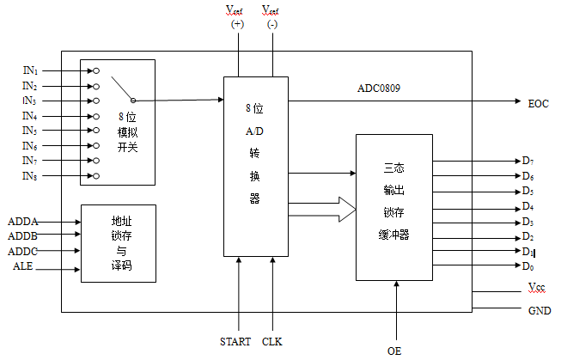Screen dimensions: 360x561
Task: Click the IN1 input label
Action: tap(29, 70)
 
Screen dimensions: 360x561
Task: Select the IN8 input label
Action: tap(29, 176)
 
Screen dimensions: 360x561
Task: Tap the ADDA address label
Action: tap(22, 221)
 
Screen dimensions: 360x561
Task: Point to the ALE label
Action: tap(22, 267)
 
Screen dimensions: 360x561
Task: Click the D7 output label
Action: tap(527, 160)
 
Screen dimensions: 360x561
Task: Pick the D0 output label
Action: tap(527, 267)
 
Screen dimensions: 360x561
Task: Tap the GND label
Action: tap(539, 310)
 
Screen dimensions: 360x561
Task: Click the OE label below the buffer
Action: tap(394, 350)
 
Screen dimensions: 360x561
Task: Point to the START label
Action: tap(235, 341)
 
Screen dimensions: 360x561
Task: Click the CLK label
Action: tap(272, 341)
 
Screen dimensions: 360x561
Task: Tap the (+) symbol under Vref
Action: tap(238, 25)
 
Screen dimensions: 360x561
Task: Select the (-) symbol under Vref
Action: tap(272, 25)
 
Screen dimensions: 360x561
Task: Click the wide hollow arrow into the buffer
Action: tap(335, 207)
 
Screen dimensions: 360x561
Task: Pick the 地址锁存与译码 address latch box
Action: tap(118, 243)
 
